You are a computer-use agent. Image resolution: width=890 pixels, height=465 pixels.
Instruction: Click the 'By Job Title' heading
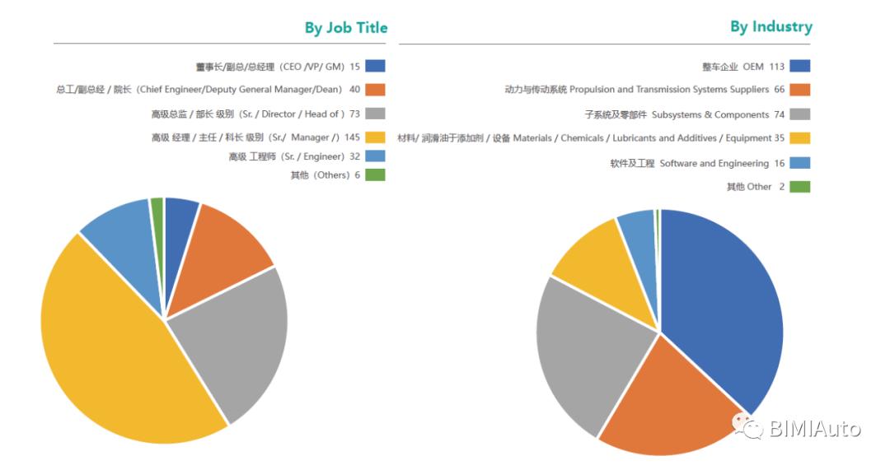(345, 28)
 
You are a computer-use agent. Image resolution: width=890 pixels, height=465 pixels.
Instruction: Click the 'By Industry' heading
(771, 26)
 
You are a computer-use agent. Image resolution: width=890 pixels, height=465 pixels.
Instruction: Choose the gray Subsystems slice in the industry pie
(585, 346)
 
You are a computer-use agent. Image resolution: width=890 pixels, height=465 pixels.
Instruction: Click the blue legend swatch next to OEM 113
(799, 66)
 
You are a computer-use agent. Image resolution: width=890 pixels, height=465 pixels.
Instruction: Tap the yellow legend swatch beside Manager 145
(375, 137)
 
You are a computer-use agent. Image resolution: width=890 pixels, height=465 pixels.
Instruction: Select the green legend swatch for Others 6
(375, 174)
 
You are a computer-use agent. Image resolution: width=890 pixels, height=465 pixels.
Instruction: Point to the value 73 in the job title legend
(356, 114)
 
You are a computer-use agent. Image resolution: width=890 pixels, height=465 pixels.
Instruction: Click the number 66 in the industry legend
(779, 90)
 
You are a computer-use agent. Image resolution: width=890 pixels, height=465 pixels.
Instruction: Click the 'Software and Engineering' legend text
(714, 163)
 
